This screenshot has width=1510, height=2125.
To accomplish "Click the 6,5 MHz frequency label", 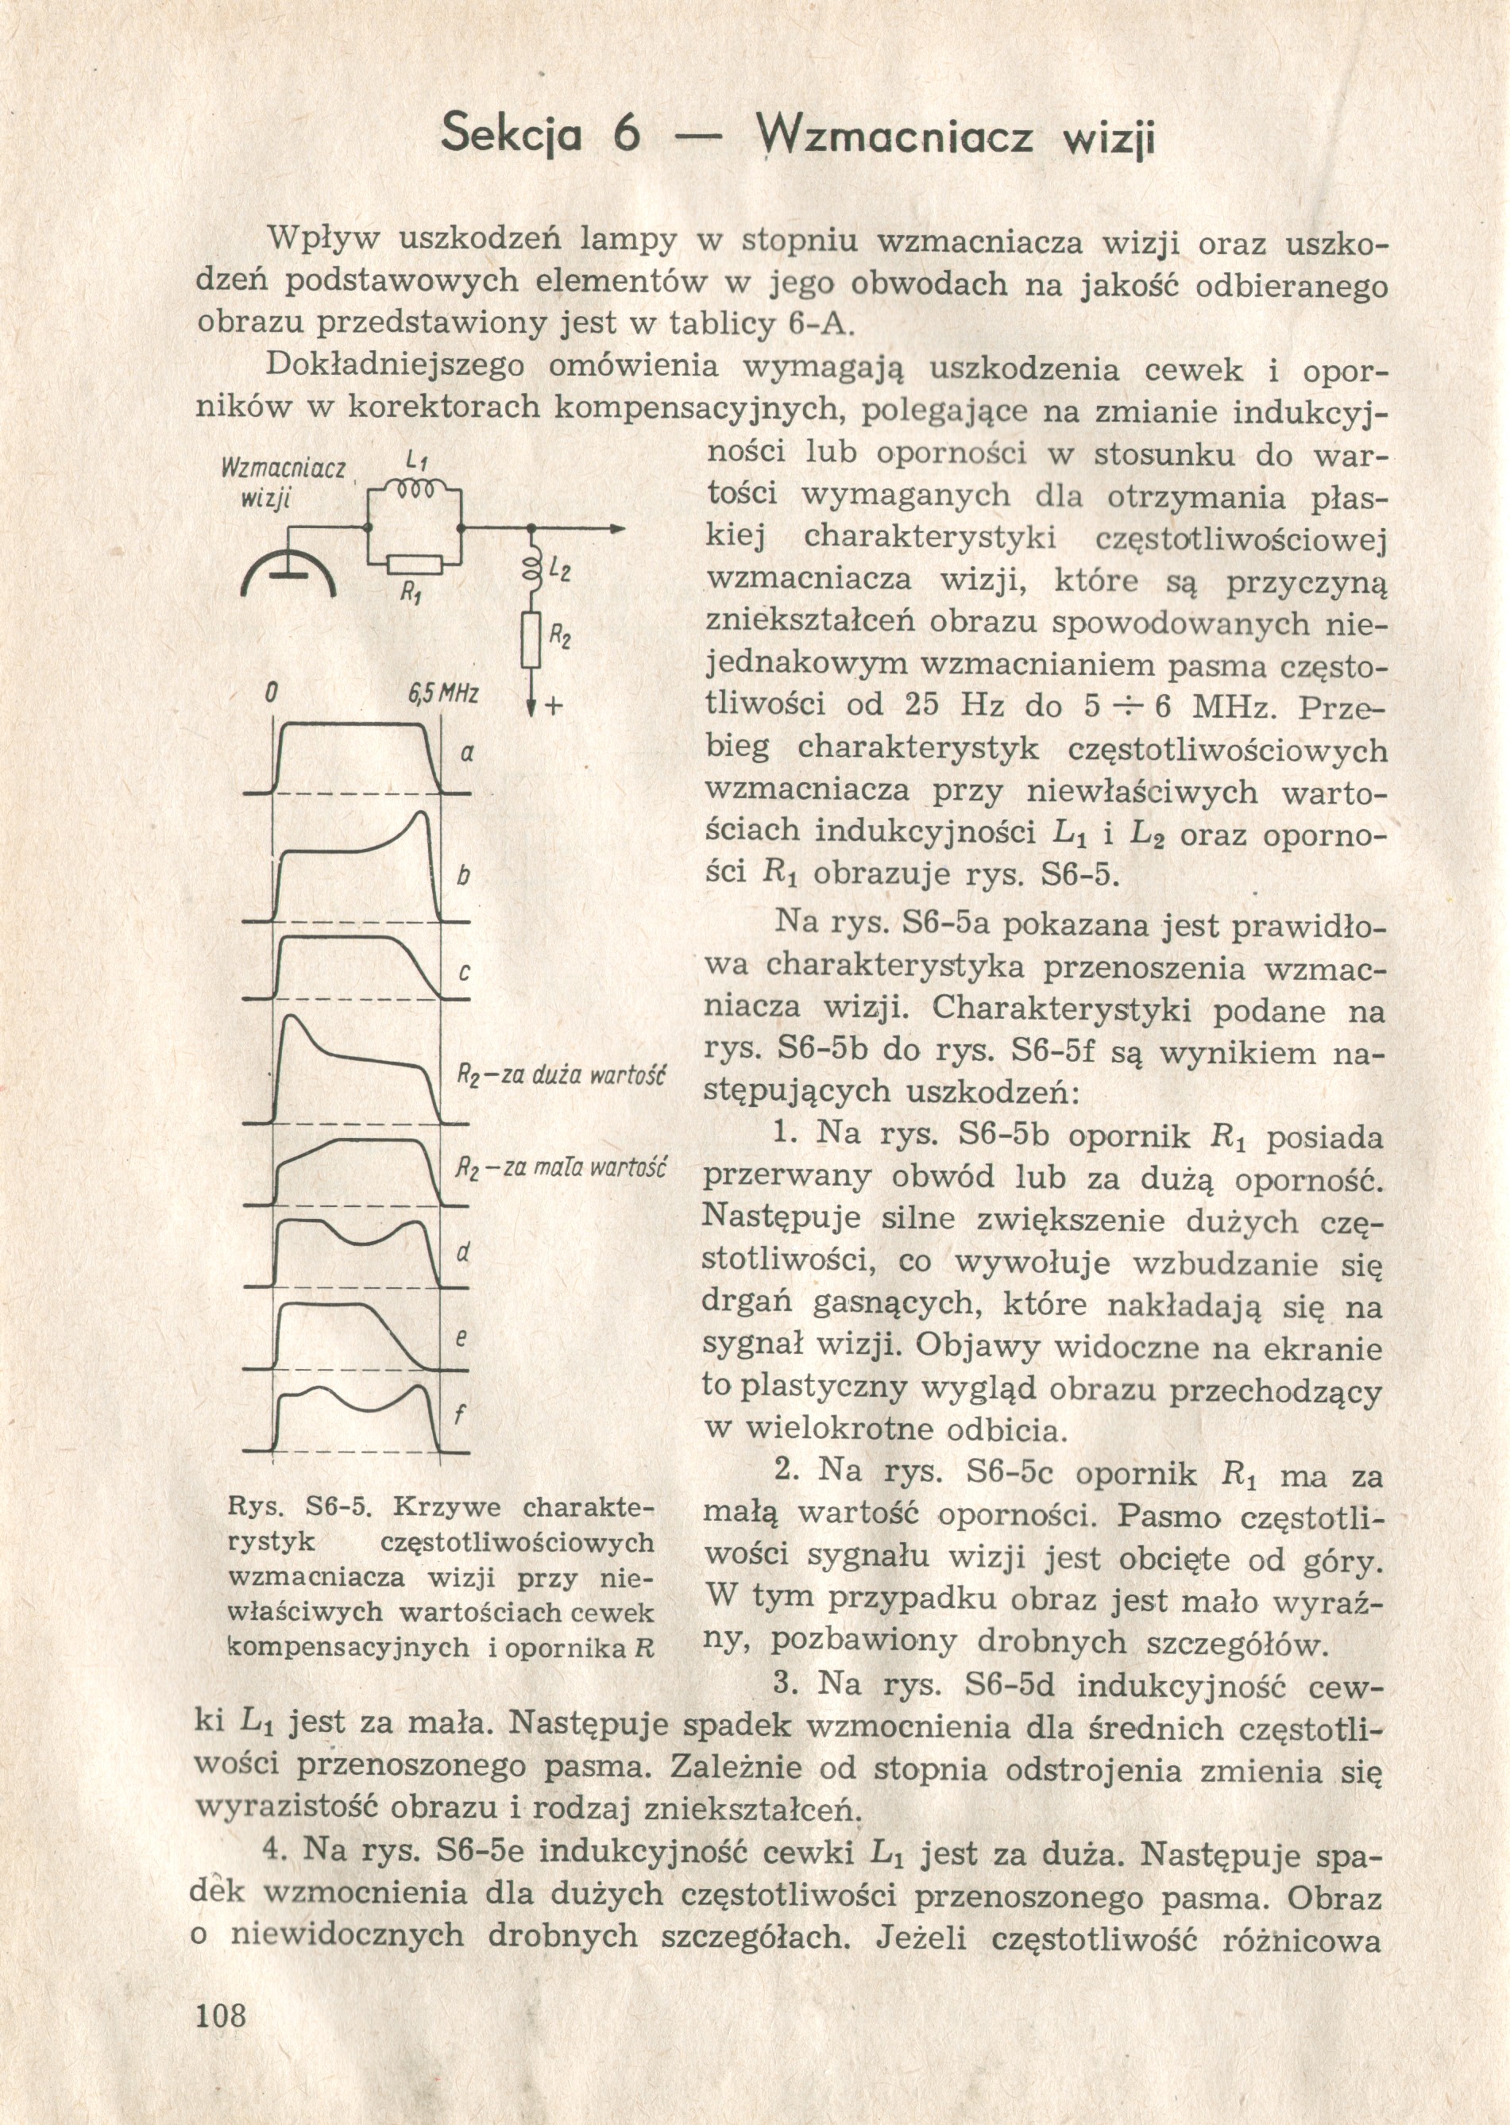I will (x=441, y=693).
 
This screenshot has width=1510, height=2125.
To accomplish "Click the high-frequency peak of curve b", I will (x=421, y=816).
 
